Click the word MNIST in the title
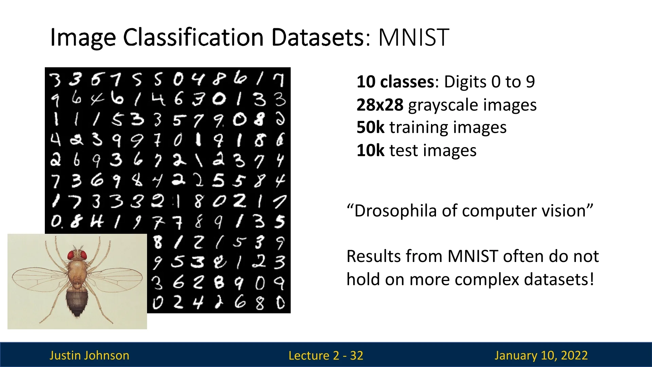(x=414, y=37)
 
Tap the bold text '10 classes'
(x=395, y=82)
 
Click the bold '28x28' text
(x=380, y=105)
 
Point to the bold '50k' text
(x=370, y=127)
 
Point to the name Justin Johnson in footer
(x=89, y=355)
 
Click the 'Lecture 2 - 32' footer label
(x=326, y=355)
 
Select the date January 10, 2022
(x=541, y=355)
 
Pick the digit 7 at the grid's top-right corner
(x=279, y=80)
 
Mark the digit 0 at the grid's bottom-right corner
(x=280, y=303)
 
